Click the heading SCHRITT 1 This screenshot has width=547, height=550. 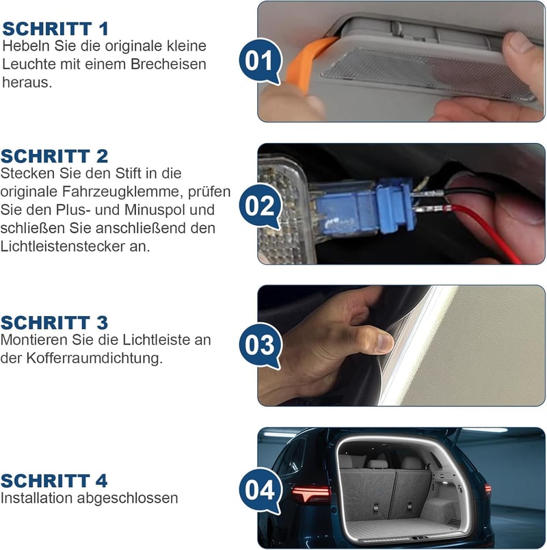point(55,29)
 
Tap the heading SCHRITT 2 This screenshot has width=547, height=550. point(54,157)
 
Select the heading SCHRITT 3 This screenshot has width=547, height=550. point(54,323)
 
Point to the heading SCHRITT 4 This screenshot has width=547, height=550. point(54,480)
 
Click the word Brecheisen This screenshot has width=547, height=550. point(168,64)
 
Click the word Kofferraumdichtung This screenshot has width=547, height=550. point(94,358)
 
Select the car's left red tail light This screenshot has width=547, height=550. point(310,493)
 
